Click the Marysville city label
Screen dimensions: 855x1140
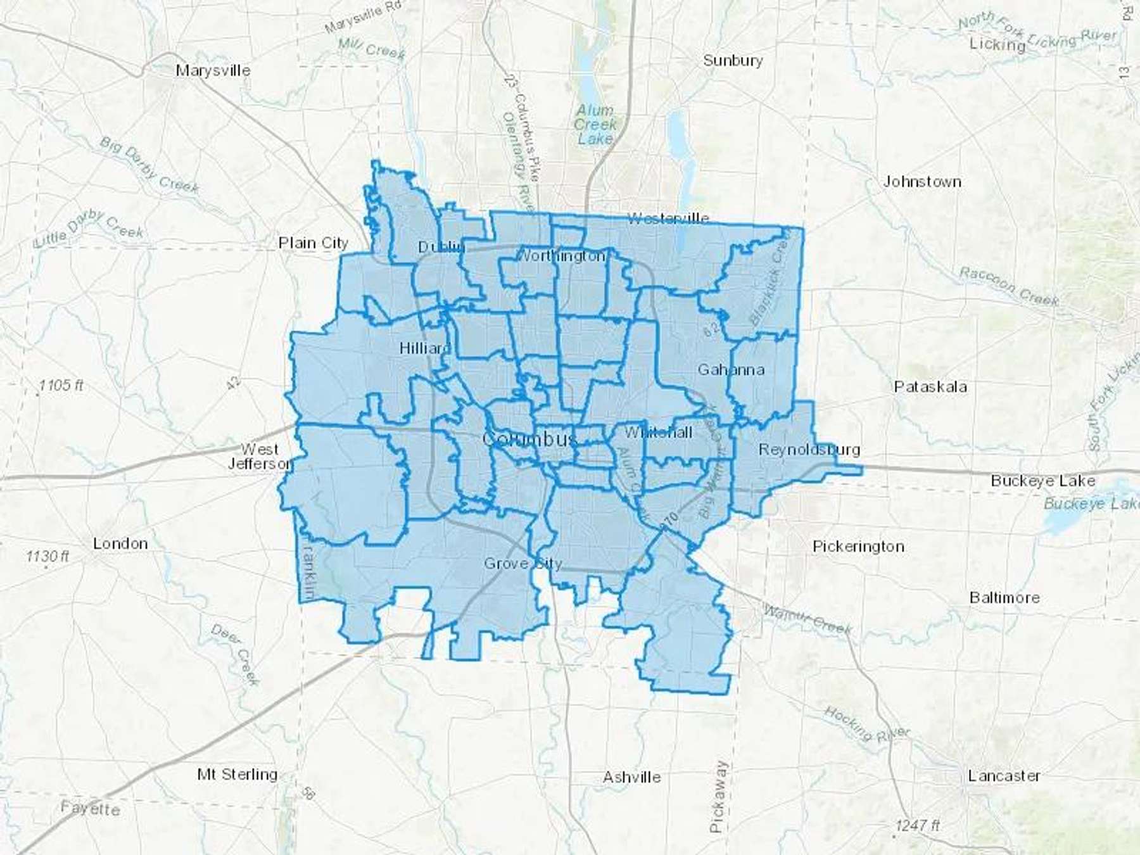213,70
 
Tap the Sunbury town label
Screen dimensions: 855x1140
733,61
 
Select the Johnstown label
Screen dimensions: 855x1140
922,182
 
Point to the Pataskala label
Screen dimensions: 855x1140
930,386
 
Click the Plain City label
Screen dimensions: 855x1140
313,243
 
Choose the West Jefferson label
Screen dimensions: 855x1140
260,456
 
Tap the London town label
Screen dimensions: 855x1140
120,543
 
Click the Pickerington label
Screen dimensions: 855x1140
858,546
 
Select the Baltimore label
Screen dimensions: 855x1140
1004,597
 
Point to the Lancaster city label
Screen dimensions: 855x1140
1004,775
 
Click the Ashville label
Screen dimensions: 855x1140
631,777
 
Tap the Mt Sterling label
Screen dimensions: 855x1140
237,774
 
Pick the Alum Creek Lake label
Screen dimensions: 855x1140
595,124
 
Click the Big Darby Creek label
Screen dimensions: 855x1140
149,163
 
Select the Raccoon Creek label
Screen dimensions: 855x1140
1008,286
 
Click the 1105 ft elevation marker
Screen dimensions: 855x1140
61,385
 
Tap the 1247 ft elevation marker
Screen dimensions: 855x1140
917,825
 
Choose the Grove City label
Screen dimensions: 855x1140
522,563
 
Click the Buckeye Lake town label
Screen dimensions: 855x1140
1042,481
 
